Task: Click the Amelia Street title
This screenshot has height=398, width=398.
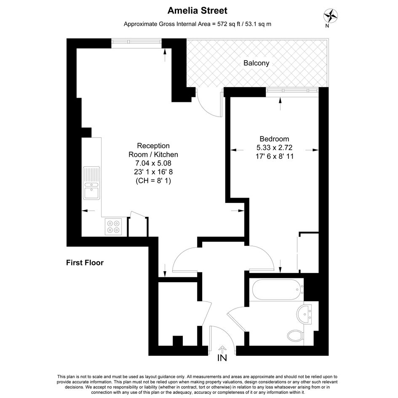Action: pos(197,11)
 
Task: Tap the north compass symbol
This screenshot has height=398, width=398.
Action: pos(330,16)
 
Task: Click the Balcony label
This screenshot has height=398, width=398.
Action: pos(256,63)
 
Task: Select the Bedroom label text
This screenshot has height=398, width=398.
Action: pos(274,139)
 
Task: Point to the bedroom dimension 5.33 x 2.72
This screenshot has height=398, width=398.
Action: pos(274,147)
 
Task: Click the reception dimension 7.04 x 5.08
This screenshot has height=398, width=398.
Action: pos(153,163)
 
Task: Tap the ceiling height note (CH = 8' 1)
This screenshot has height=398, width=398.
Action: pos(153,181)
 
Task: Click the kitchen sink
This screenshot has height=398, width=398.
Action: pos(91,183)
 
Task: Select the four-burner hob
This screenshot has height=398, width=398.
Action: pos(113,227)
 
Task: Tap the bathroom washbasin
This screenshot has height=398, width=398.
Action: pos(304,314)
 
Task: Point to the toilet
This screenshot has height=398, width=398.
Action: pos(296,336)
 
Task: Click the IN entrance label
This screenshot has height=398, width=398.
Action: pos(222,358)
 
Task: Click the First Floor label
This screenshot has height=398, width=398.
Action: pos(85,263)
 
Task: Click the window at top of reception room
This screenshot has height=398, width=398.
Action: pos(136,43)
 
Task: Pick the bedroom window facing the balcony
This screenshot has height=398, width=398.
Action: pos(292,92)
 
